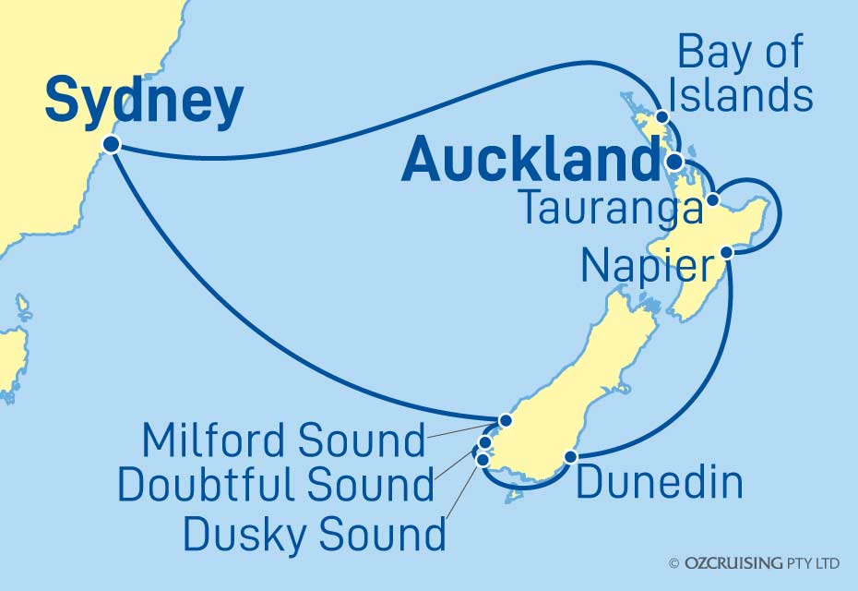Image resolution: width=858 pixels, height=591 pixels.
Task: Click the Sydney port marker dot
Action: point(112,144)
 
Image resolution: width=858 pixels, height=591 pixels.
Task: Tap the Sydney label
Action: point(144,101)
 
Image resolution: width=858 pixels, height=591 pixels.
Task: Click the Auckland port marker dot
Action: point(673,162)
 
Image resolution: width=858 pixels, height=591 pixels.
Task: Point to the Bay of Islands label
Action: point(744,74)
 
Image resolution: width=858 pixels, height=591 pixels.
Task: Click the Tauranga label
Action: point(609,209)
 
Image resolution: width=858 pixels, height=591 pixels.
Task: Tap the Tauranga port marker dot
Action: point(713,200)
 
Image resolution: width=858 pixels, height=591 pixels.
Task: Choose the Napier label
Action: point(649,268)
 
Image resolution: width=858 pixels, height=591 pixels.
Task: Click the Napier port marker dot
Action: point(727,251)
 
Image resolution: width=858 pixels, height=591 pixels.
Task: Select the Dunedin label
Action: point(660,483)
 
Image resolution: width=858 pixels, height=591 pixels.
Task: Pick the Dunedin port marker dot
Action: point(570,456)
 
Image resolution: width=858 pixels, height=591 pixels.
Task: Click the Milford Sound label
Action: point(283,440)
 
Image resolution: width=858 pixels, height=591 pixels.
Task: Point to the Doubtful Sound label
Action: point(277,483)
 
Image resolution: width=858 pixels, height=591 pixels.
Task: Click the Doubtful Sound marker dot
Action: point(486,442)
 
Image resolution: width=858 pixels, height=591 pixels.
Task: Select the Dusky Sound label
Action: point(314,533)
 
